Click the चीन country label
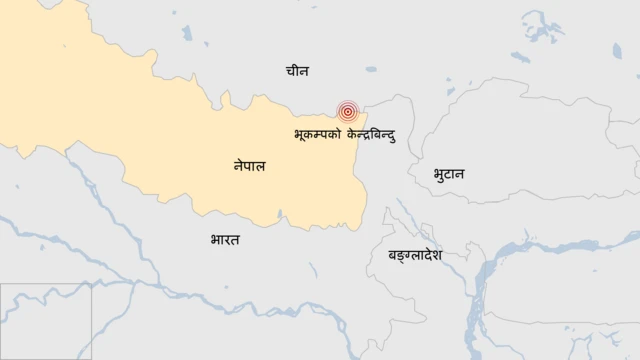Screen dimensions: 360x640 pos(297,71)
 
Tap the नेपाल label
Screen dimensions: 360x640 pos(243,167)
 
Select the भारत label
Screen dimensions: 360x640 pos(225,240)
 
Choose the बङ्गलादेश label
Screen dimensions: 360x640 pos(415,256)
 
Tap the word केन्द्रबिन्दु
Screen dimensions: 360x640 pos(371,134)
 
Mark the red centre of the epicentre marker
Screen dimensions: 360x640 pos(348,113)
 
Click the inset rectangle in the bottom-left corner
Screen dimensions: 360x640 pos(46,321)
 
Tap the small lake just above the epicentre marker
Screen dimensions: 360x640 pos(371,70)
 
